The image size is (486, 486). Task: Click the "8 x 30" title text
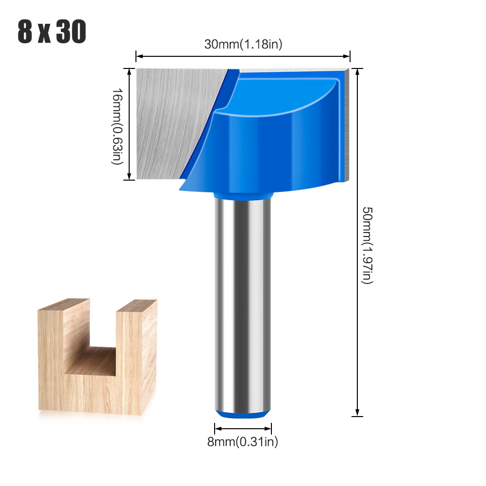tap(52, 33)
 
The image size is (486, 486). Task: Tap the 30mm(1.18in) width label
tap(243, 44)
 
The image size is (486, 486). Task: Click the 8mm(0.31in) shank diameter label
tap(243, 441)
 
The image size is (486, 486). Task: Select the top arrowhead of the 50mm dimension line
tap(357, 71)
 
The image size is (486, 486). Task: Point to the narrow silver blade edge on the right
tap(346, 126)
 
